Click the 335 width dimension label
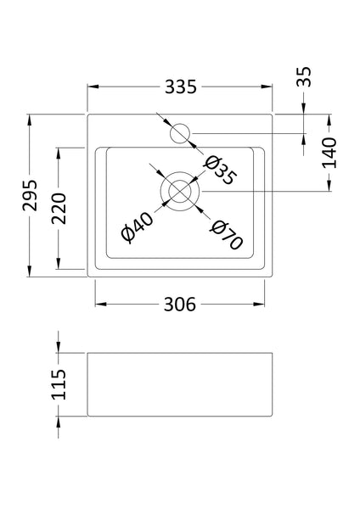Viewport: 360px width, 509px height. coord(181,87)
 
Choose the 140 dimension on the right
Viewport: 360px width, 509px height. coord(330,153)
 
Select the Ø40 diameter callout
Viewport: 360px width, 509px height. coord(137,228)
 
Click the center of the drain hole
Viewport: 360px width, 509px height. coord(180,191)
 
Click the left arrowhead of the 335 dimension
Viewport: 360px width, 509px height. coord(93,87)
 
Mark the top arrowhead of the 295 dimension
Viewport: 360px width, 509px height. coord(32,117)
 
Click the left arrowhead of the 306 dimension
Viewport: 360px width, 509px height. coord(97,304)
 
